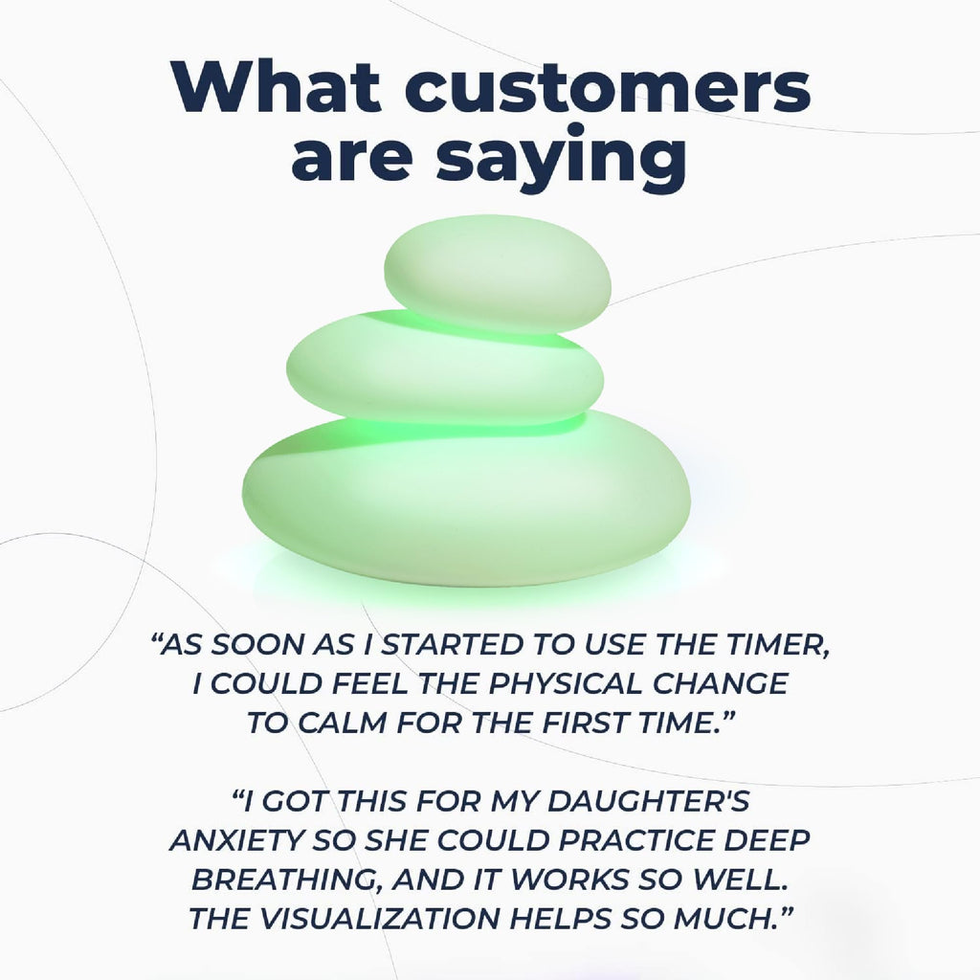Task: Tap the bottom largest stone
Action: pyautogui.click(x=465, y=500)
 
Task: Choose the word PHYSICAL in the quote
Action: pyautogui.click(x=566, y=683)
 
